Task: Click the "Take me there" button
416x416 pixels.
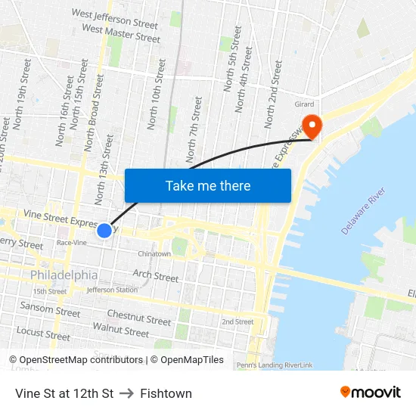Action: (x=208, y=185)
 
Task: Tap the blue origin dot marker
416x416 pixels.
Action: (x=104, y=230)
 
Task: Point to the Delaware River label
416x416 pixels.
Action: (x=363, y=212)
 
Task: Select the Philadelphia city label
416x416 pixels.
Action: (x=64, y=275)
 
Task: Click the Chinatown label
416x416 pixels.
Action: (x=154, y=254)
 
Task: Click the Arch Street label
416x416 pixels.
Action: (x=156, y=275)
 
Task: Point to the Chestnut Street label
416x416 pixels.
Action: (x=139, y=317)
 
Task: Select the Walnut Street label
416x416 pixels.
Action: (x=121, y=330)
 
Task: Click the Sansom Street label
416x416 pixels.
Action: (x=50, y=309)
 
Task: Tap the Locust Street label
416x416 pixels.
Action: (x=43, y=332)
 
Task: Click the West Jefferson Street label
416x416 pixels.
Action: (x=115, y=19)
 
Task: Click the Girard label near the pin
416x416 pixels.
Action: (x=304, y=104)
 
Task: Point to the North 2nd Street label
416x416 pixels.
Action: (x=274, y=95)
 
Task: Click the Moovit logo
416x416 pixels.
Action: (x=370, y=392)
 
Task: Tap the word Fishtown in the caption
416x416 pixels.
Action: (x=166, y=393)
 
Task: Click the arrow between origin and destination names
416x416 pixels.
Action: (x=126, y=393)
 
